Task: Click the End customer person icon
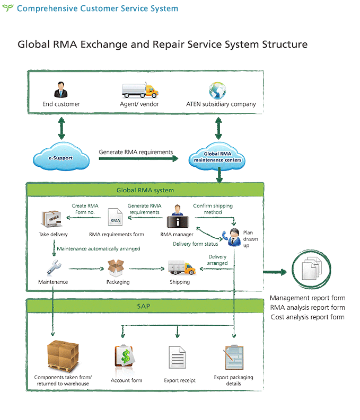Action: [61, 90]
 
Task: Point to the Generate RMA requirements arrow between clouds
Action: [143, 158]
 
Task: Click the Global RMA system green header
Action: [145, 190]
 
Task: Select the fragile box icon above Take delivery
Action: [53, 218]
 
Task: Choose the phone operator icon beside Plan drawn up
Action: [232, 235]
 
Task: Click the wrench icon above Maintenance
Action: [54, 267]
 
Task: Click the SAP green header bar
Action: [145, 306]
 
